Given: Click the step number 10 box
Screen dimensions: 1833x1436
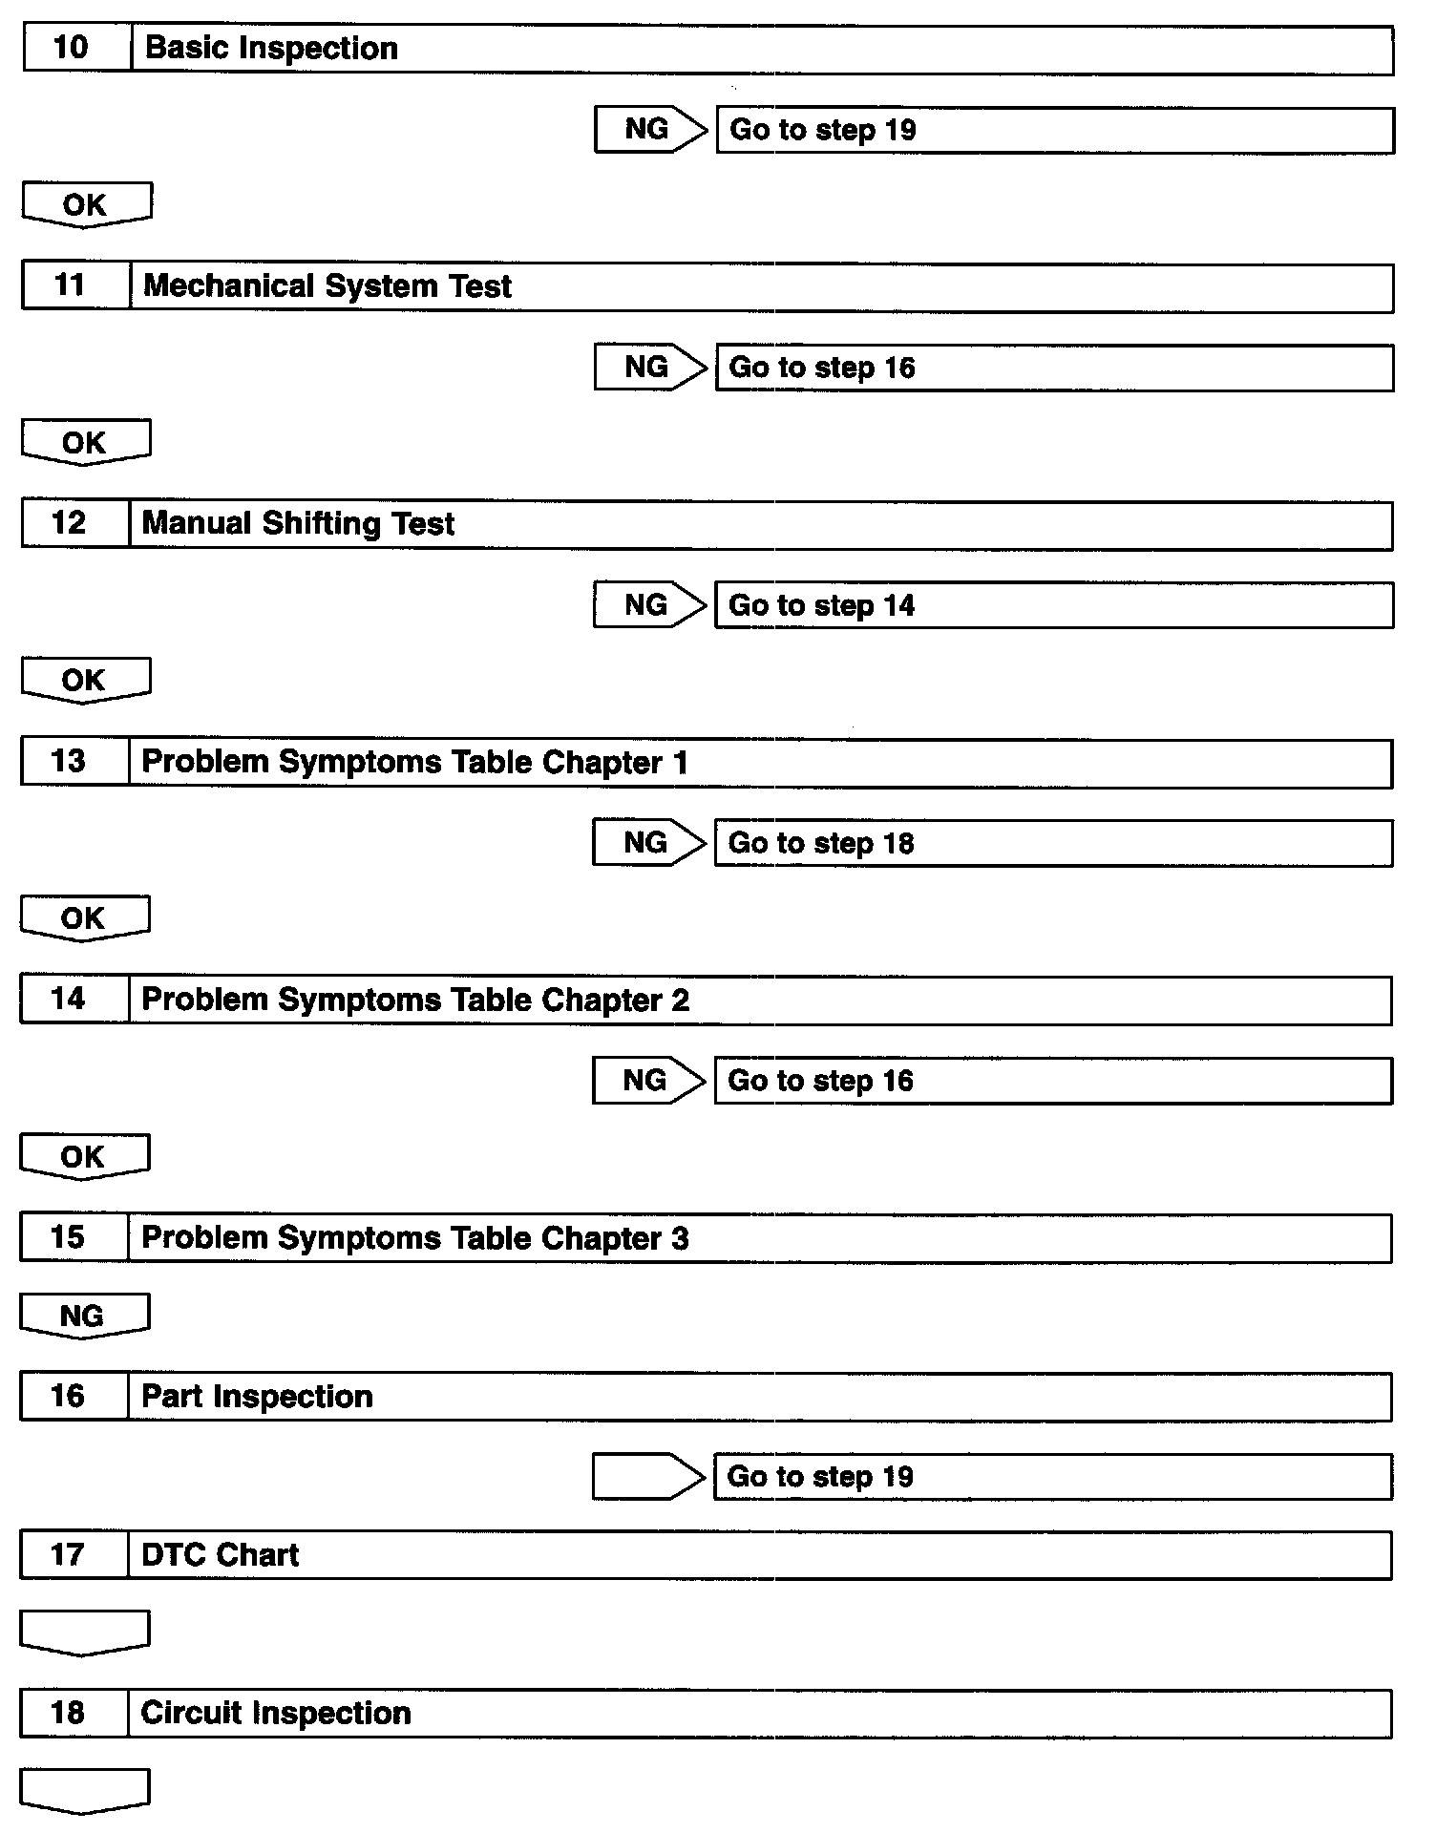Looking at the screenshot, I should point(76,48).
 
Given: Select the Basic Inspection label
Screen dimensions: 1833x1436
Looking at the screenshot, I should point(271,48).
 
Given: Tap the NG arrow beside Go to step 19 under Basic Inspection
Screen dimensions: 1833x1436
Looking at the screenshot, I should point(649,129).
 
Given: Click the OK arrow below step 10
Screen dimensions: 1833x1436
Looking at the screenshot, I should point(86,204).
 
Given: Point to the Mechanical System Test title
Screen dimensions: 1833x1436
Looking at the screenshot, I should point(327,285).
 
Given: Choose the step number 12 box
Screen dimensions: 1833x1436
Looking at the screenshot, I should point(74,523).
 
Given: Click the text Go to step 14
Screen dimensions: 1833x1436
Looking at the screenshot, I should point(821,605).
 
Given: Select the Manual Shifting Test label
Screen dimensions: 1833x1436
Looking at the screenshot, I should point(298,523).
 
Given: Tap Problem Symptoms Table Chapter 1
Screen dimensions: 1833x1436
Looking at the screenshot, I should point(414,762).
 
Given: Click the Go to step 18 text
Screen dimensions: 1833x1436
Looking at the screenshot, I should point(821,843).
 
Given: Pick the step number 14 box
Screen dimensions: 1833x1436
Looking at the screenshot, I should point(74,1000).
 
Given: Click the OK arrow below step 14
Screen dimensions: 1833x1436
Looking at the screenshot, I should point(84,1156).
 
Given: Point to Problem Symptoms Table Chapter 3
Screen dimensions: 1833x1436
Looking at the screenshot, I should point(414,1238).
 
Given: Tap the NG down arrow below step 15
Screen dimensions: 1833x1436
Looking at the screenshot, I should point(84,1316).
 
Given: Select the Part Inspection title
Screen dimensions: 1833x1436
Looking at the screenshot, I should point(257,1397).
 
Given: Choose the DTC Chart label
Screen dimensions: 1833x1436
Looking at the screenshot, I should point(220,1555).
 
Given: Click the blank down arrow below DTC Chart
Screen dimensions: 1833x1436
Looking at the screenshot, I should point(84,1632).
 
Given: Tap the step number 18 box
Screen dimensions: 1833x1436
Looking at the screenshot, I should point(74,1713).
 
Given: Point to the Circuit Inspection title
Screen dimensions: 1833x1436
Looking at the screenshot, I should point(276,1713).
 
